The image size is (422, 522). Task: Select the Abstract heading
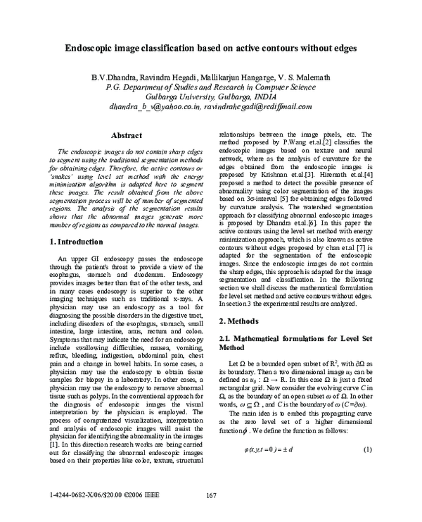[127, 134]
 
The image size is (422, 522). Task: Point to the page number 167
[210, 496]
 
